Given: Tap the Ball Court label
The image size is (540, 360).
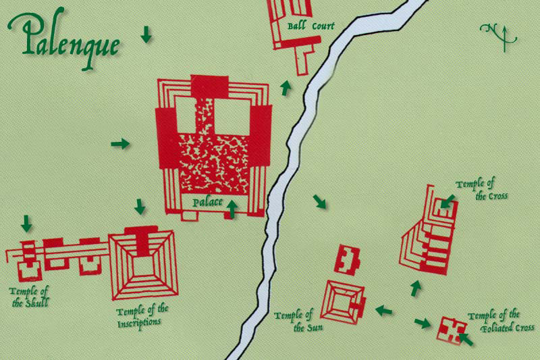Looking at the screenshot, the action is [310, 26].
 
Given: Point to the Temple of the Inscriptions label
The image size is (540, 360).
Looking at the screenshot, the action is [142, 315].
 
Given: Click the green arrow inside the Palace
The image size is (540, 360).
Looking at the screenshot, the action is [232, 209].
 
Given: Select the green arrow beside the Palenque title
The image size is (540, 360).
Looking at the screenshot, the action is [146, 34].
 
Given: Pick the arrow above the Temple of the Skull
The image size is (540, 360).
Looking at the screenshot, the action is [27, 223].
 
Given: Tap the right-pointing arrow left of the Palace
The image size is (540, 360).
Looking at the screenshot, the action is [120, 143].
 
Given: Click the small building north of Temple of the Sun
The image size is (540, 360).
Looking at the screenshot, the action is [348, 259].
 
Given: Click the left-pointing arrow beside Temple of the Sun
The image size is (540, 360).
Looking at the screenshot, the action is [384, 310].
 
